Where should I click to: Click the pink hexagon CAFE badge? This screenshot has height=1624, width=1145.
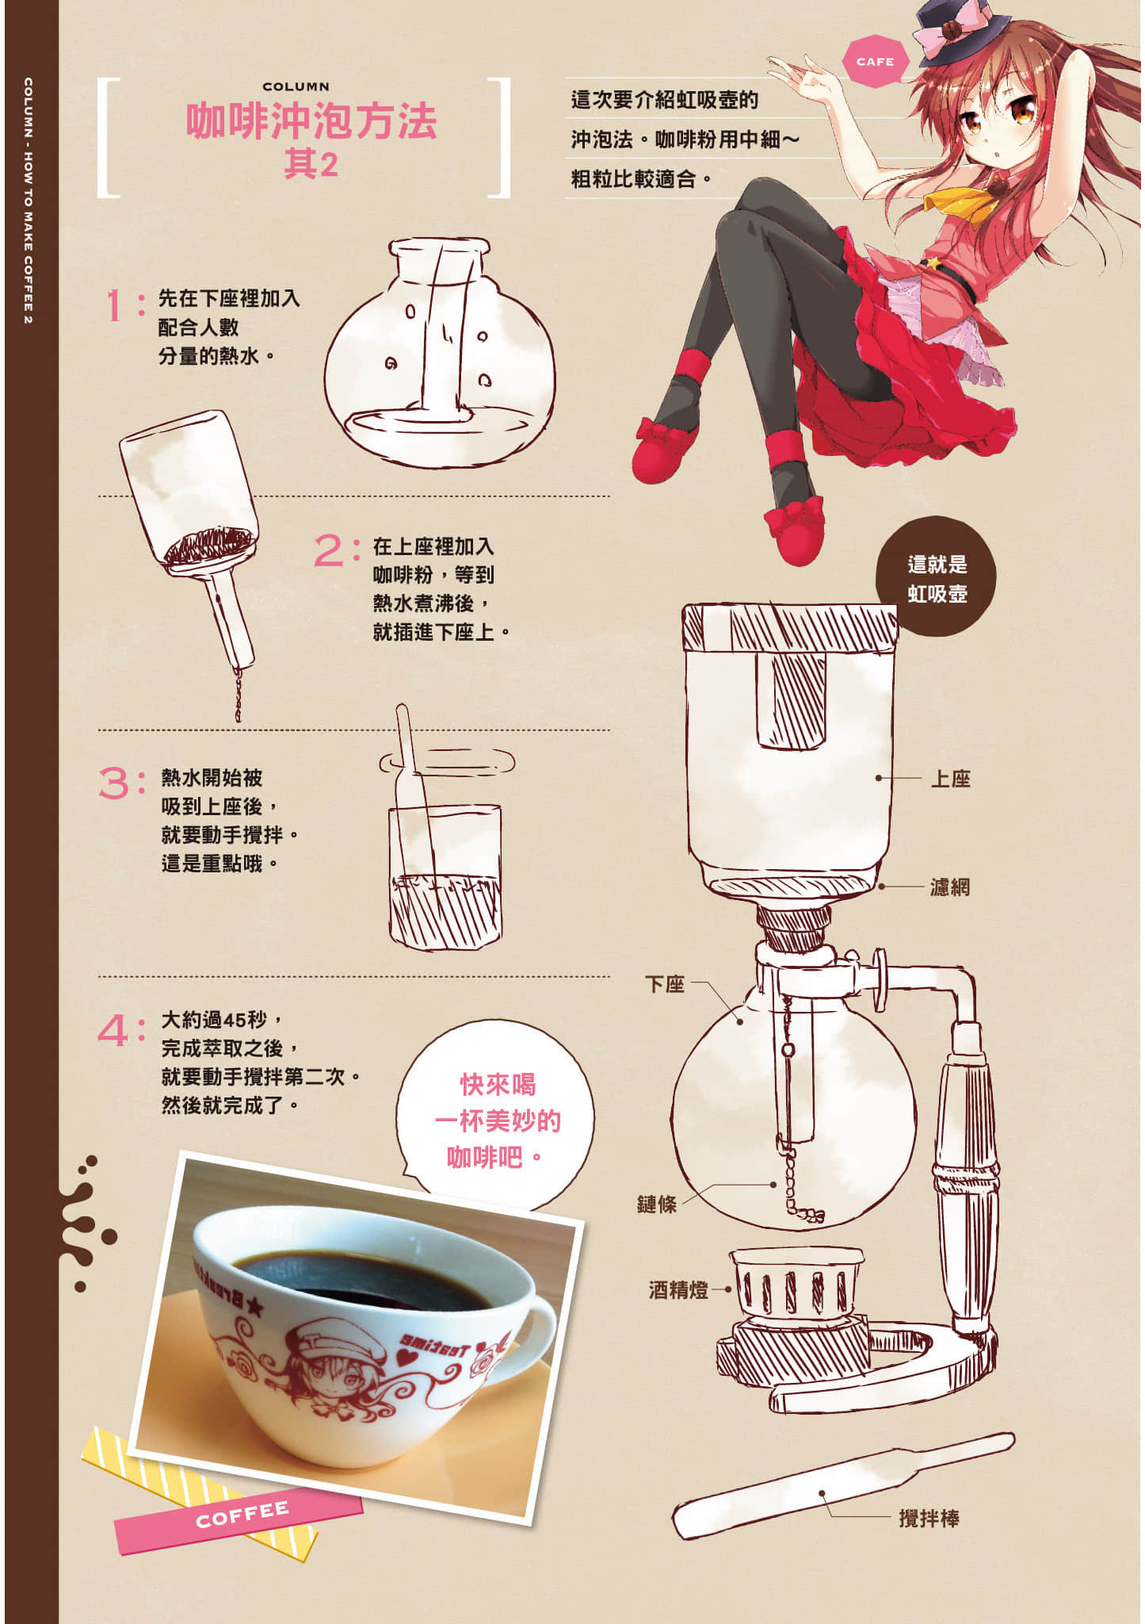(x=875, y=61)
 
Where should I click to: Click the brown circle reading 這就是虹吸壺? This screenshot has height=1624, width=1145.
(x=937, y=578)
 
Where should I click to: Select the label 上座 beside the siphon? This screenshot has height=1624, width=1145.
(x=950, y=779)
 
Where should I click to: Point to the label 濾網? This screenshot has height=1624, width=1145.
(x=949, y=887)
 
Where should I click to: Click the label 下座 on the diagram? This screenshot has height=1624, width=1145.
(x=664, y=984)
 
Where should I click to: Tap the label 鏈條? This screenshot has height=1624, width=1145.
(x=657, y=1204)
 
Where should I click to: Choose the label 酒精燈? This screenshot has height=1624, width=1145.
(x=678, y=1289)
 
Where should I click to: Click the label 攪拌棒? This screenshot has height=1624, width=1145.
(x=929, y=1518)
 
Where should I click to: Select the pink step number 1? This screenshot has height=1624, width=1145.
(x=116, y=305)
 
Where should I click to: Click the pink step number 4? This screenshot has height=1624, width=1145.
(x=113, y=1031)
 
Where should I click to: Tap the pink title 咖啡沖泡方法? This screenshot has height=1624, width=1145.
(x=311, y=121)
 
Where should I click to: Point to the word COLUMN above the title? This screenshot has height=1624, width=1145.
(x=296, y=86)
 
